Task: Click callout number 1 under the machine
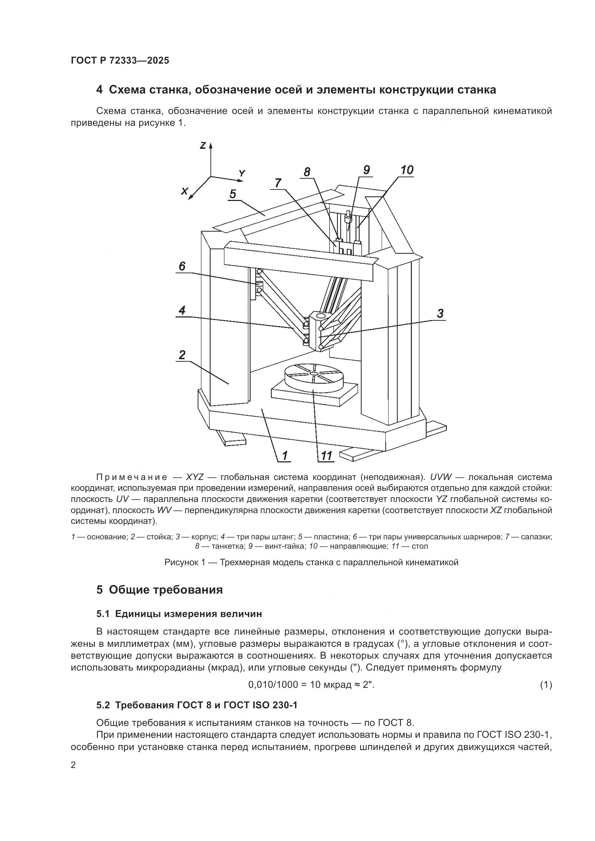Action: pyautogui.click(x=284, y=455)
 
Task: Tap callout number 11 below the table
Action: pyautogui.click(x=326, y=455)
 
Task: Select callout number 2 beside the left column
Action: pyautogui.click(x=182, y=355)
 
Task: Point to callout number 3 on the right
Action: pyautogui.click(x=440, y=314)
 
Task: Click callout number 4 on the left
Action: pyautogui.click(x=182, y=311)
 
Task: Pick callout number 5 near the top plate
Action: pyautogui.click(x=233, y=194)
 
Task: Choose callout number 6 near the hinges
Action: pyautogui.click(x=182, y=266)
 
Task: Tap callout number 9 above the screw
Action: pyautogui.click(x=366, y=170)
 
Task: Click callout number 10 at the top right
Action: pyautogui.click(x=407, y=170)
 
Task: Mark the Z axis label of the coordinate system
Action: pyautogui.click(x=203, y=145)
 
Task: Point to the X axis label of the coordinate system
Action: pyautogui.click(x=185, y=191)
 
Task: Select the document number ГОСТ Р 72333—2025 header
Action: pyautogui.click(x=120, y=60)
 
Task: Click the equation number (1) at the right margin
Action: pyautogui.click(x=546, y=685)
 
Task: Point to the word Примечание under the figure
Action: pyautogui.click(x=132, y=477)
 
